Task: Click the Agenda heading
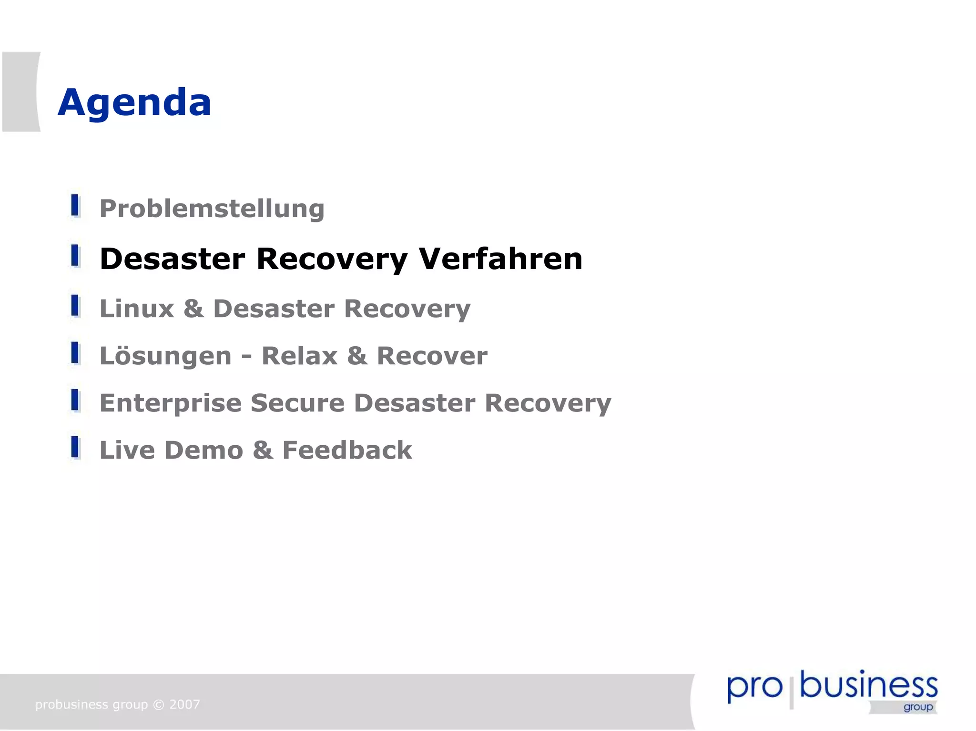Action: pyautogui.click(x=134, y=102)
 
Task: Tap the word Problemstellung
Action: pyautogui.click(x=212, y=209)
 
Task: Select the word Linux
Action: pyautogui.click(x=137, y=309)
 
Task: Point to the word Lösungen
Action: pyautogui.click(x=165, y=356)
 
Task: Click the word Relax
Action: pyautogui.click(x=300, y=356)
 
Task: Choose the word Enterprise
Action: pyautogui.click(x=171, y=403)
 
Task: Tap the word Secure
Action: pyautogui.click(x=297, y=403)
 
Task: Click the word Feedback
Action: pyautogui.click(x=347, y=450)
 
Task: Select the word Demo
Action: pyautogui.click(x=204, y=450)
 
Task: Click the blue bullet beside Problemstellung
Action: pyautogui.click(x=75, y=206)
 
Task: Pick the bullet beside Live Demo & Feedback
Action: pyautogui.click(x=75, y=447)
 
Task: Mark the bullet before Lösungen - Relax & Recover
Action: pyautogui.click(x=75, y=353)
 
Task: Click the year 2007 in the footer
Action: pyautogui.click(x=185, y=704)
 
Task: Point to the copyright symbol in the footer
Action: pyautogui.click(x=159, y=704)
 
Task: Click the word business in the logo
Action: pyautogui.click(x=868, y=686)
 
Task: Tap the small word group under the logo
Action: pyautogui.click(x=918, y=707)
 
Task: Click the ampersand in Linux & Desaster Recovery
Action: pyautogui.click(x=194, y=309)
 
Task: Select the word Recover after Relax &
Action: pyautogui.click(x=432, y=356)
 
